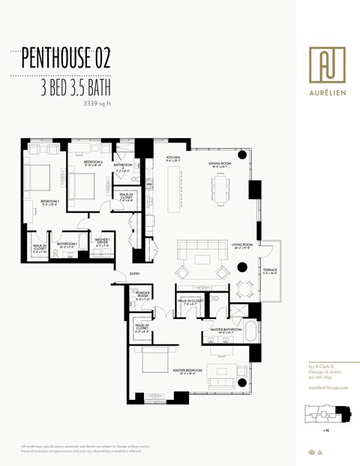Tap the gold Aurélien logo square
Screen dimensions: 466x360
point(327,62)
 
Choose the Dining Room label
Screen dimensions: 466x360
point(219,164)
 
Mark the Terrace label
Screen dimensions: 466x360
point(270,272)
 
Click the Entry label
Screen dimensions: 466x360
point(135,274)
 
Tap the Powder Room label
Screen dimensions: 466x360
point(143,295)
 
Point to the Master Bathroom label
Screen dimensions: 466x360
point(225,329)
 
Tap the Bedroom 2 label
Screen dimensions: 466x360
point(93,163)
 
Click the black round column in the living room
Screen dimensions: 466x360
point(242,266)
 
